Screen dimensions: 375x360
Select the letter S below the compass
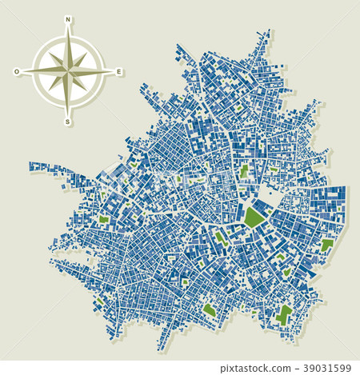tap(68, 122)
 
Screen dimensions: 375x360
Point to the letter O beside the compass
tap(17, 71)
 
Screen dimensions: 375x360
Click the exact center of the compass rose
tap(68, 70)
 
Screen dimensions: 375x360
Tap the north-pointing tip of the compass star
tap(68, 29)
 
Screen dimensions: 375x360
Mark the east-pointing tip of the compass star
tap(111, 71)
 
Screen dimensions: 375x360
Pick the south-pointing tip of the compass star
tap(68, 114)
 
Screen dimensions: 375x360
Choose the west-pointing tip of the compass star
tap(25, 71)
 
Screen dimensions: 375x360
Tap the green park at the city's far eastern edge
tap(326, 245)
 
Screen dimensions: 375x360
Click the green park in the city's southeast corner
tap(283, 313)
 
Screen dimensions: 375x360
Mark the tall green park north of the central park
tap(244, 170)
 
